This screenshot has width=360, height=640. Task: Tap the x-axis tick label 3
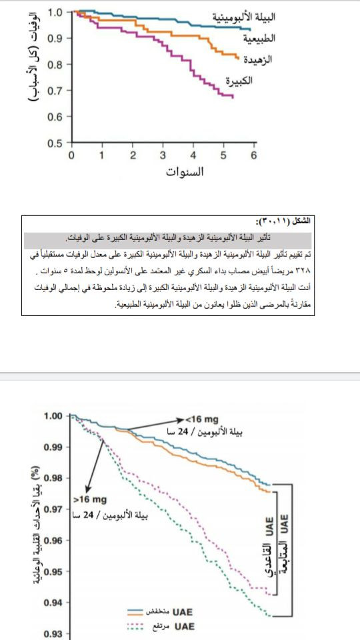point(163,155)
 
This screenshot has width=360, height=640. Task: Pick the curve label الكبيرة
point(238,81)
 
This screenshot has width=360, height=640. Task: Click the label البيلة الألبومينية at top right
point(245,16)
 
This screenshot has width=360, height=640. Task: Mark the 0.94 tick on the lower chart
point(53,603)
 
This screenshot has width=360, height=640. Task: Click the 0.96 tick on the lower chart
point(53,541)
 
